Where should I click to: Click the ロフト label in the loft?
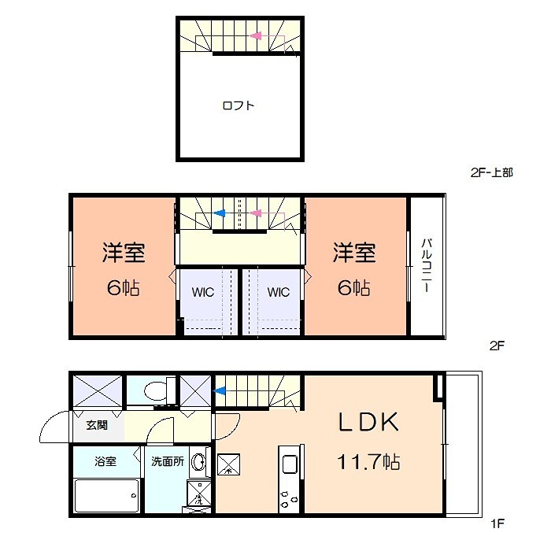(x=239, y=105)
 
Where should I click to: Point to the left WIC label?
(x=203, y=292)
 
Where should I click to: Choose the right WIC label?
(x=279, y=292)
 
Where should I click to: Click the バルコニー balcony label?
(x=427, y=265)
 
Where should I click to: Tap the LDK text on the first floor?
(x=368, y=422)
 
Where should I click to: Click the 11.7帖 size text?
(x=368, y=462)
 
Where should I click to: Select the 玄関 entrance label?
(x=97, y=425)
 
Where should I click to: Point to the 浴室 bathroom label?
(x=105, y=461)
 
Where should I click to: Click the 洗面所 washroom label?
(x=168, y=461)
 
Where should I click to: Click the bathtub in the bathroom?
(x=107, y=495)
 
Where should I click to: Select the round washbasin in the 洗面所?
(x=198, y=461)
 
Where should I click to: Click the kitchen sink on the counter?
(x=290, y=464)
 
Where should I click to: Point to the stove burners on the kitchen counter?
(x=288, y=499)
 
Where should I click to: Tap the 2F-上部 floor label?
(x=492, y=172)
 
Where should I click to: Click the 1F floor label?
(x=497, y=524)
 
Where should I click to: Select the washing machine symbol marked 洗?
(x=199, y=494)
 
